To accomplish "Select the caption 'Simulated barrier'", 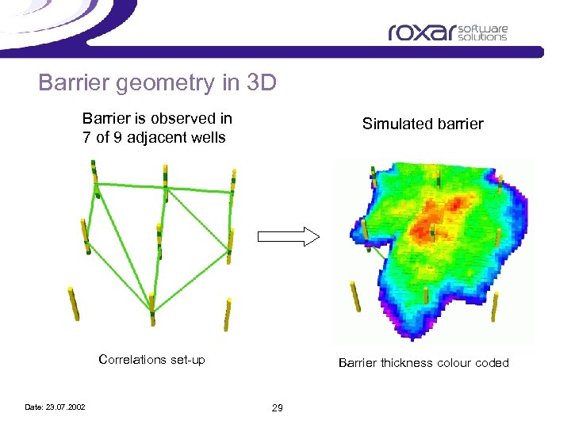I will click(422, 124).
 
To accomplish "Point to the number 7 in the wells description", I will click(86, 137).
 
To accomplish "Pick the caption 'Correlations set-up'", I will click(151, 360).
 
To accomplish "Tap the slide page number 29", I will click(277, 407).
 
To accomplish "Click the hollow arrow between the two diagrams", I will click(288, 236).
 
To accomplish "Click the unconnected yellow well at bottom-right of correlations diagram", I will click(228, 313).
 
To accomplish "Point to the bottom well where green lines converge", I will click(151, 308).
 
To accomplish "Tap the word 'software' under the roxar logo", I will click(492, 29).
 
